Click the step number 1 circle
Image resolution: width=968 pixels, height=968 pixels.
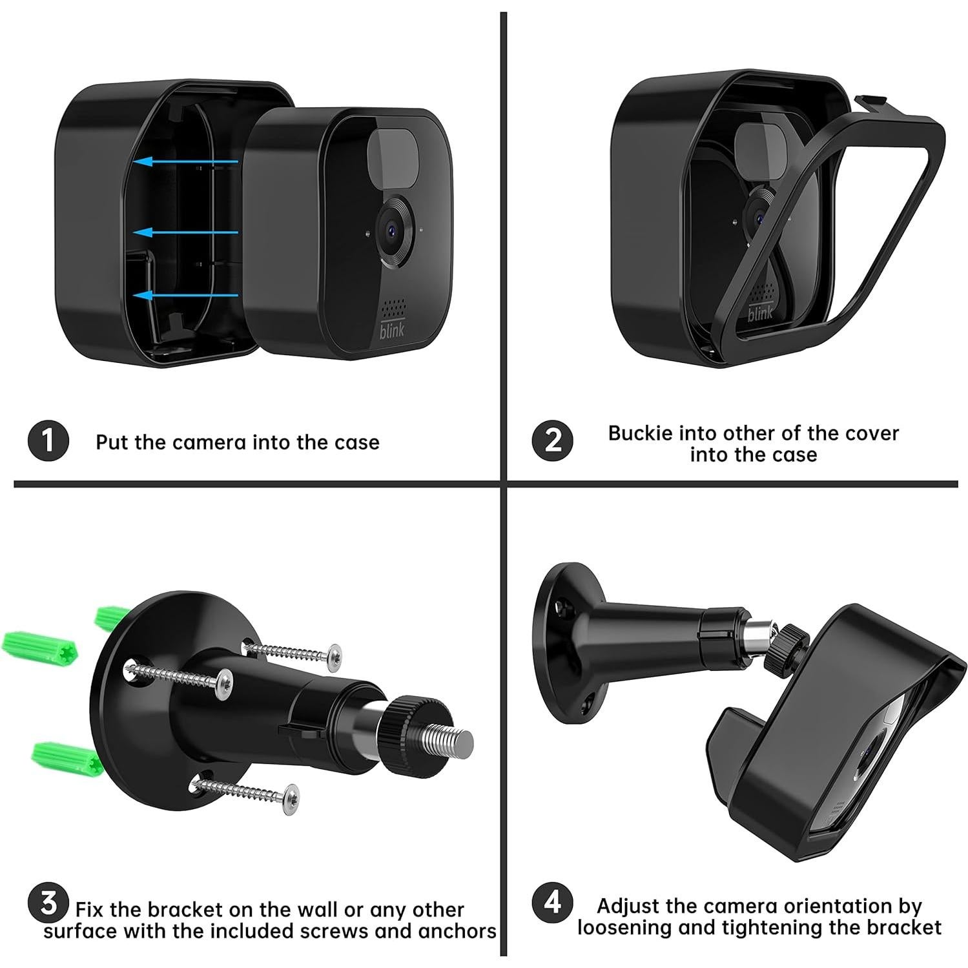coord(48,441)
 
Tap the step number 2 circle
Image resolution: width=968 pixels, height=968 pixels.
coord(552,441)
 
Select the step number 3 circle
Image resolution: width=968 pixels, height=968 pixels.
coord(49,903)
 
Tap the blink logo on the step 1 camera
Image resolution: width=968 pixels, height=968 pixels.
coord(393,329)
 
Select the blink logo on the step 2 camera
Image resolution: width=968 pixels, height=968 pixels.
coord(760,313)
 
